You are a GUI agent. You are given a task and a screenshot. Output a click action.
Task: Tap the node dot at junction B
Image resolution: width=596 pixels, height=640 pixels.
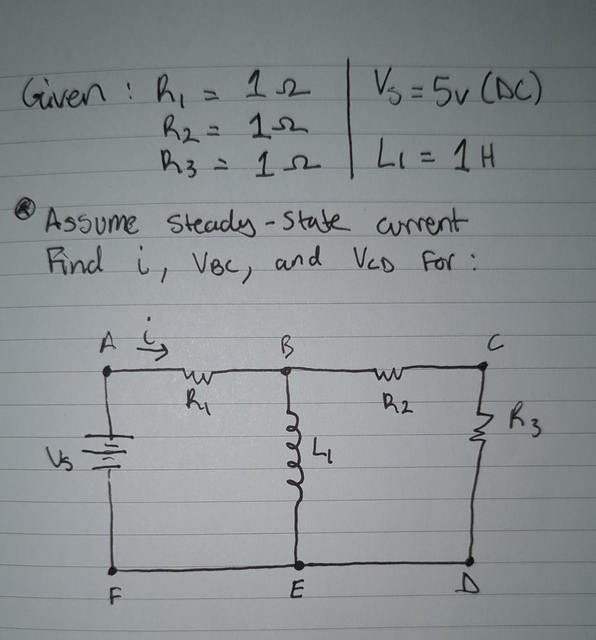pos(286,372)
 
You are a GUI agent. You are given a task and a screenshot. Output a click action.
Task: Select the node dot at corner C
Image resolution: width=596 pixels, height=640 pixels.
pos(484,365)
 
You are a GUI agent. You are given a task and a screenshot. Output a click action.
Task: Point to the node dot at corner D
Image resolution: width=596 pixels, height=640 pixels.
pos(470,562)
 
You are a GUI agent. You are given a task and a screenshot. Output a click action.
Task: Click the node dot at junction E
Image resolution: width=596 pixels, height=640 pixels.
pos(299,565)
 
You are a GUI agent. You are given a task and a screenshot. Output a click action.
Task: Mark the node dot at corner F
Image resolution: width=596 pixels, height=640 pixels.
pos(113,570)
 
